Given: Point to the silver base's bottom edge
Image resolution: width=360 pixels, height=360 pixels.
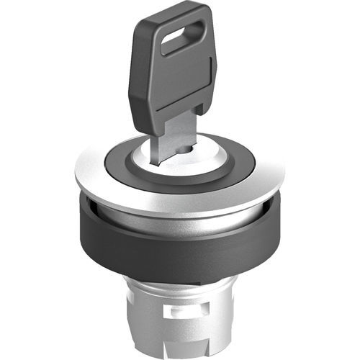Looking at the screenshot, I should pyautogui.click(x=180, y=355).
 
